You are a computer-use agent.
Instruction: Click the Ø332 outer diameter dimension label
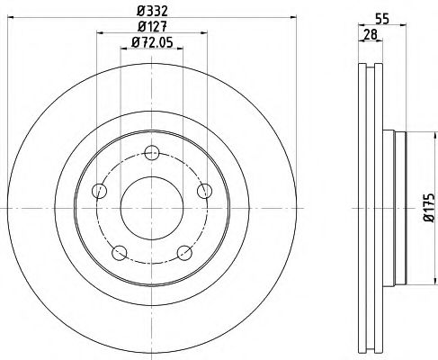point(151,10)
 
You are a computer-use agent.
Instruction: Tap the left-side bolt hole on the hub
point(99,190)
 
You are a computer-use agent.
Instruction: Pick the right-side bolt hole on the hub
point(204,190)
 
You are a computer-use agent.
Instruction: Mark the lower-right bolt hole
point(183,250)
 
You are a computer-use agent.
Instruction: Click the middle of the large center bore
point(151,205)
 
